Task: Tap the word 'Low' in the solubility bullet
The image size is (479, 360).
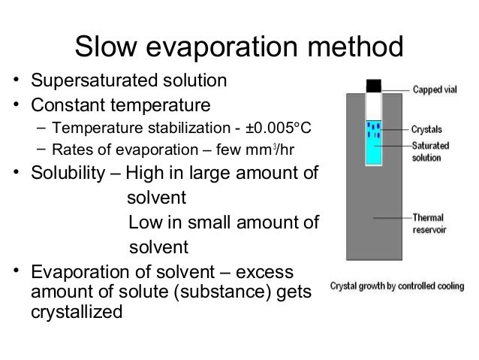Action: pyautogui.click(x=143, y=223)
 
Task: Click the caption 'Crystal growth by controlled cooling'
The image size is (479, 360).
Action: pyautogui.click(x=399, y=286)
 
